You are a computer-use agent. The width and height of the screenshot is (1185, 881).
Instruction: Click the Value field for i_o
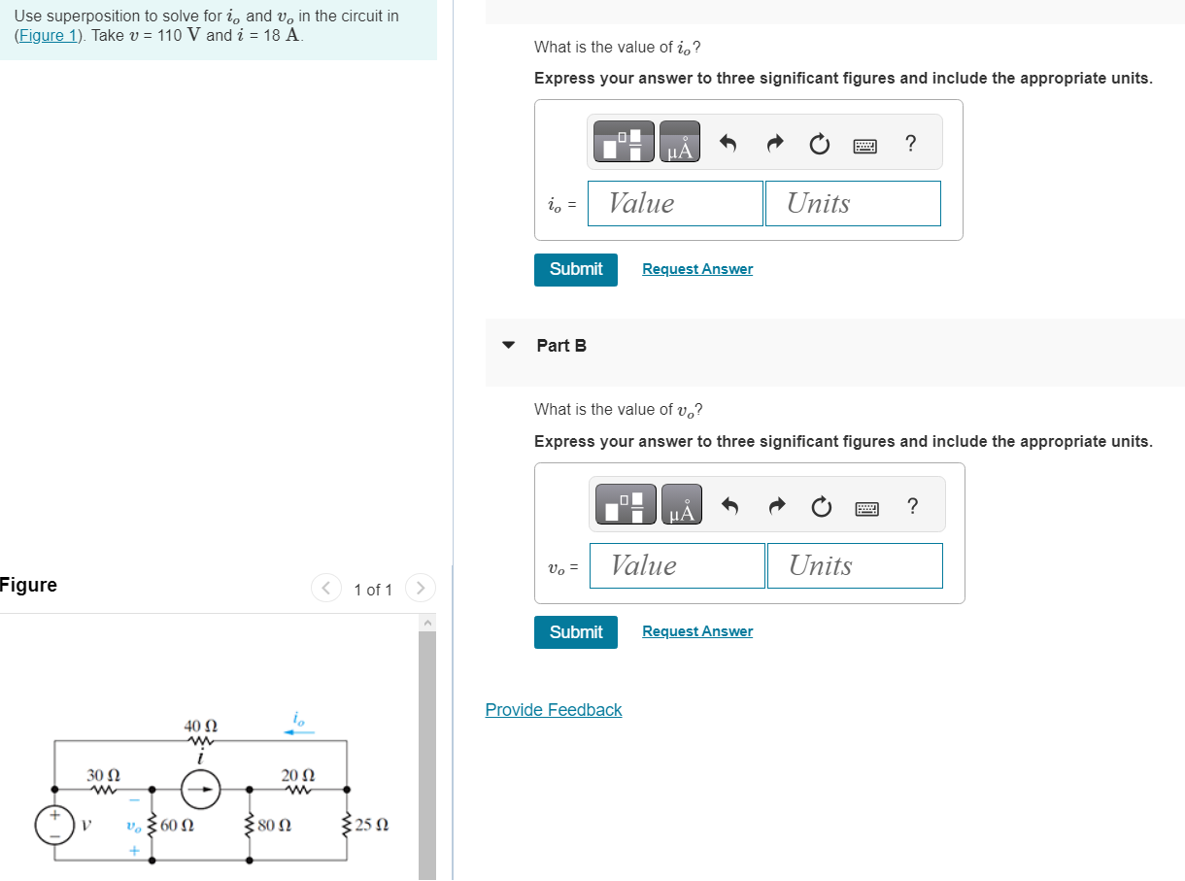coord(675,203)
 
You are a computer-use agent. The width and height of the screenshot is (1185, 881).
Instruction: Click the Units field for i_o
coord(853,203)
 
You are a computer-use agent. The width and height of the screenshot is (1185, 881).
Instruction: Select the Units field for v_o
coord(855,565)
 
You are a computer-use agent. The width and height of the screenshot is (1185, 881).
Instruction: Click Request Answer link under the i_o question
coord(697,269)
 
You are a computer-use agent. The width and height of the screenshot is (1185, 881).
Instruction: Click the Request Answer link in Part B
coord(697,631)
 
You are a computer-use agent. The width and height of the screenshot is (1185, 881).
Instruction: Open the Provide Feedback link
coord(554,710)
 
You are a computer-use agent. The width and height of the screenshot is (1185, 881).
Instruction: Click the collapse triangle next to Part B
coord(508,345)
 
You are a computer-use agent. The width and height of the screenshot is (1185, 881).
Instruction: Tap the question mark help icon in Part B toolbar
coord(911,505)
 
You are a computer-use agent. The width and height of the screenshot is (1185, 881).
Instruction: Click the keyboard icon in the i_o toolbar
coord(864,145)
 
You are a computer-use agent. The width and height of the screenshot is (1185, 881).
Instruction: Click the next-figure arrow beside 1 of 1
coord(421,588)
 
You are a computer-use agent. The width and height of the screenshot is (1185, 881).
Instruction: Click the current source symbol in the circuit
coord(200,790)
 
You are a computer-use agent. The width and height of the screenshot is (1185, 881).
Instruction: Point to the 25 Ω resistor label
coord(372,826)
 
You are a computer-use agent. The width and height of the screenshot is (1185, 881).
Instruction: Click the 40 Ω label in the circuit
coord(200,726)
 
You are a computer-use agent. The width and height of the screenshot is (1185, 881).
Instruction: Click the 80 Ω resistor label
coord(275,826)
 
